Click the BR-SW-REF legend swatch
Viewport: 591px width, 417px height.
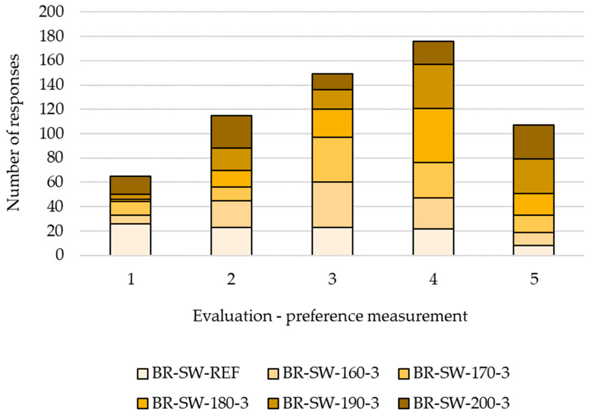[x=142, y=373]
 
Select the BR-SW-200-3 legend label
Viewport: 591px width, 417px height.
[x=461, y=403]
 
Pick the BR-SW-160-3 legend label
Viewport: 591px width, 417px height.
[x=331, y=373]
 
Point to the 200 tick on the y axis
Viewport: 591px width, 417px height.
[x=51, y=12]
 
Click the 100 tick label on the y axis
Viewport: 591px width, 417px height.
[x=51, y=134]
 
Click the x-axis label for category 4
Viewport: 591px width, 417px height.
[x=433, y=279]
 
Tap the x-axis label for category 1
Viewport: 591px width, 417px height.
[x=131, y=279]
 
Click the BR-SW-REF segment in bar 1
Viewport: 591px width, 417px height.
[x=130, y=239]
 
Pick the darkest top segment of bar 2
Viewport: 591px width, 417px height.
[x=231, y=132]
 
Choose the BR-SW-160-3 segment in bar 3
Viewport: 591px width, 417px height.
[x=332, y=205]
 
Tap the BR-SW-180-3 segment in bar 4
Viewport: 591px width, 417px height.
[x=433, y=135]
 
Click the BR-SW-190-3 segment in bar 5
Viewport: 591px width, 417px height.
[x=534, y=176]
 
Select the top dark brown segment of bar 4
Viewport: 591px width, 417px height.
[x=433, y=53]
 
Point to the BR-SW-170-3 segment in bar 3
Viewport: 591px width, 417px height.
[x=332, y=159]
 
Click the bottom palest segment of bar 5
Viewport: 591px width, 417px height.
[x=534, y=250]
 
